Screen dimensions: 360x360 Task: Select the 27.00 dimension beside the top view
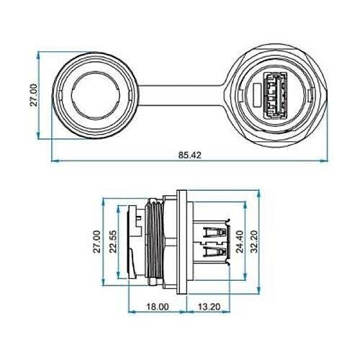[x=32, y=94]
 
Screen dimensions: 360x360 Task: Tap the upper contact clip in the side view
[x=214, y=233]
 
